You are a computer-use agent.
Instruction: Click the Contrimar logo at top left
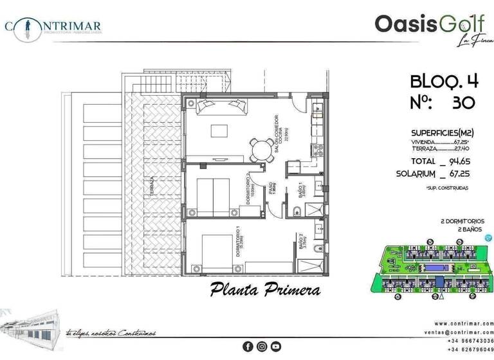(x=53, y=26)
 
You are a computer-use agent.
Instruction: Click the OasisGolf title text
(x=419, y=24)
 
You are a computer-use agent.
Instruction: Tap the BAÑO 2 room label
(x=301, y=242)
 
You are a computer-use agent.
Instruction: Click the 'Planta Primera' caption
(x=265, y=290)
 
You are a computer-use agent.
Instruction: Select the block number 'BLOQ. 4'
(x=444, y=81)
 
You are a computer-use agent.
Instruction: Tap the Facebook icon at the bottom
(x=248, y=346)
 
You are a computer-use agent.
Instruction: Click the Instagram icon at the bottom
(x=262, y=346)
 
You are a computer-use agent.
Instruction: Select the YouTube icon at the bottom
(x=276, y=346)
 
